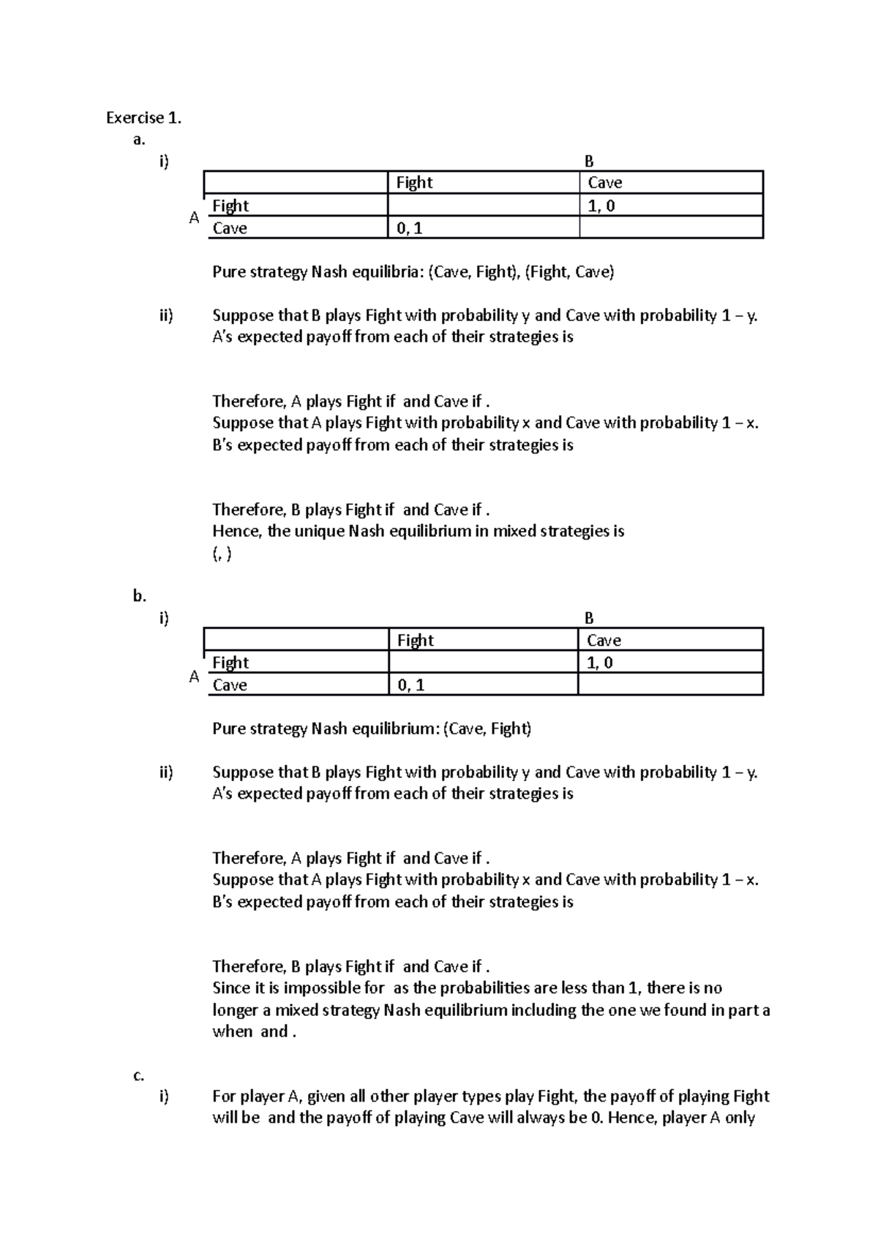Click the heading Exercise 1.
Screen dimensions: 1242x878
point(143,118)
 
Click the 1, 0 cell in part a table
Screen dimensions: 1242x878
point(601,206)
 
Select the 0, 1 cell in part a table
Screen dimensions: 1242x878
point(410,229)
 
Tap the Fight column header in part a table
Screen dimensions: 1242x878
point(414,183)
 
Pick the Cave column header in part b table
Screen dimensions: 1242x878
point(604,641)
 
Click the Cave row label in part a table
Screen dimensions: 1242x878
point(230,229)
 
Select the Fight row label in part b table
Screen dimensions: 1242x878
point(230,663)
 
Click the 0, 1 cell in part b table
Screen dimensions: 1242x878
point(410,685)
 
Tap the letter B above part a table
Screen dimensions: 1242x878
point(590,162)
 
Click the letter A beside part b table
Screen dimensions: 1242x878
point(194,677)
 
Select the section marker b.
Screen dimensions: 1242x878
point(140,596)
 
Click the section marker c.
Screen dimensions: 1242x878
point(138,1075)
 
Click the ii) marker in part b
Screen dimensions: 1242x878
point(166,772)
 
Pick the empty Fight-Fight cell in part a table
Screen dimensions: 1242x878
point(483,206)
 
